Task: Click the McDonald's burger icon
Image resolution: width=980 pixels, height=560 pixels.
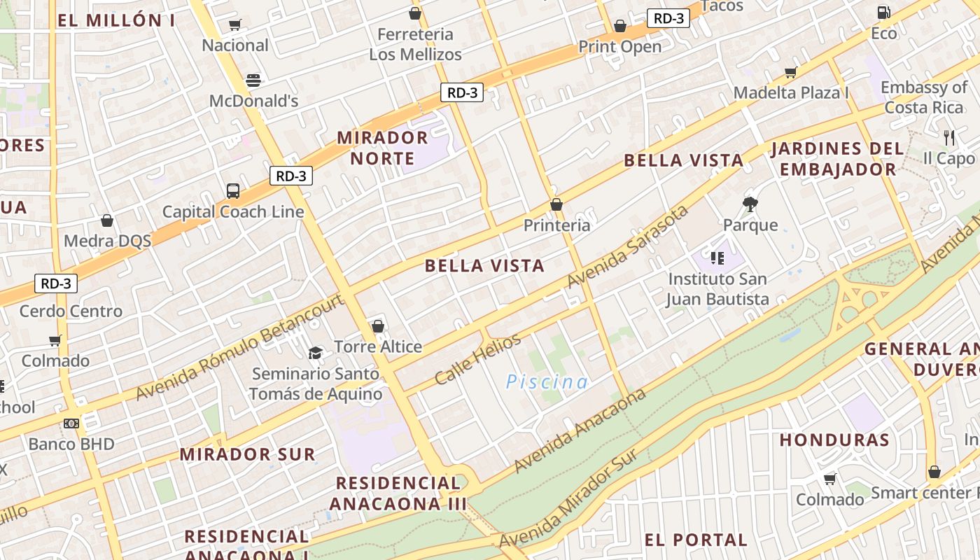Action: pos(253,80)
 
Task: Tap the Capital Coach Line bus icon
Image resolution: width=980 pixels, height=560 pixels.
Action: pos(233,190)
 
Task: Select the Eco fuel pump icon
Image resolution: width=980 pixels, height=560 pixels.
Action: pos(883,12)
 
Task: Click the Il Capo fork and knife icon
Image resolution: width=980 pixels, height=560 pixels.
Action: pos(949,137)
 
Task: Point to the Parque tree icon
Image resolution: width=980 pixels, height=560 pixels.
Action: pos(750,204)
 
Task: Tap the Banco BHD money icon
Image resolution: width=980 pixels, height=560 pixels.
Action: pos(71,423)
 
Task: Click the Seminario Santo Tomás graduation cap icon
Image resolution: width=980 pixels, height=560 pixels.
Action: pos(316,353)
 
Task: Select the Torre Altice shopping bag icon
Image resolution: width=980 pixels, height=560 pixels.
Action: pos(378,326)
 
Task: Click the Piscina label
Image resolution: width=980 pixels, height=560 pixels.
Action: pos(547,381)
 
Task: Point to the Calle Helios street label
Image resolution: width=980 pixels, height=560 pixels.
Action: pos(477,359)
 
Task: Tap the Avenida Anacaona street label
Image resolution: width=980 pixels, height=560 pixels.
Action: pos(580,430)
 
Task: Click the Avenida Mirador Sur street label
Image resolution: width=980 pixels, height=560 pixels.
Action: pos(568,498)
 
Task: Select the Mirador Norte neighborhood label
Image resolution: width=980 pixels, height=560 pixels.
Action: pos(382,147)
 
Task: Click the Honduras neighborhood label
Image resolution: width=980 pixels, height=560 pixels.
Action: pos(834,440)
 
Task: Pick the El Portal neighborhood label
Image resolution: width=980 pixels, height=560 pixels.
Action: pos(696,540)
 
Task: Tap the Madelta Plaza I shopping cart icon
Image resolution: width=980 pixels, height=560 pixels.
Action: pos(791,72)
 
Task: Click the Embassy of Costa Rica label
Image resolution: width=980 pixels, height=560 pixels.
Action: pos(924,97)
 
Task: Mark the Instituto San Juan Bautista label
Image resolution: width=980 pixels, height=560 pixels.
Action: pos(717,289)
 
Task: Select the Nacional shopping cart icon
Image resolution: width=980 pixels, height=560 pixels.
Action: pos(235,25)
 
